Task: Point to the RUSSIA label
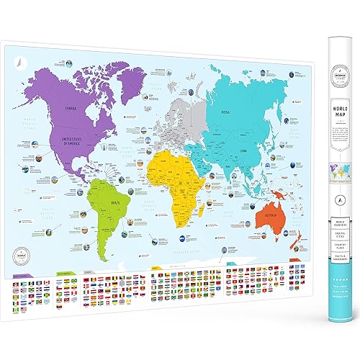pyautogui.click(x=225, y=112)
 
